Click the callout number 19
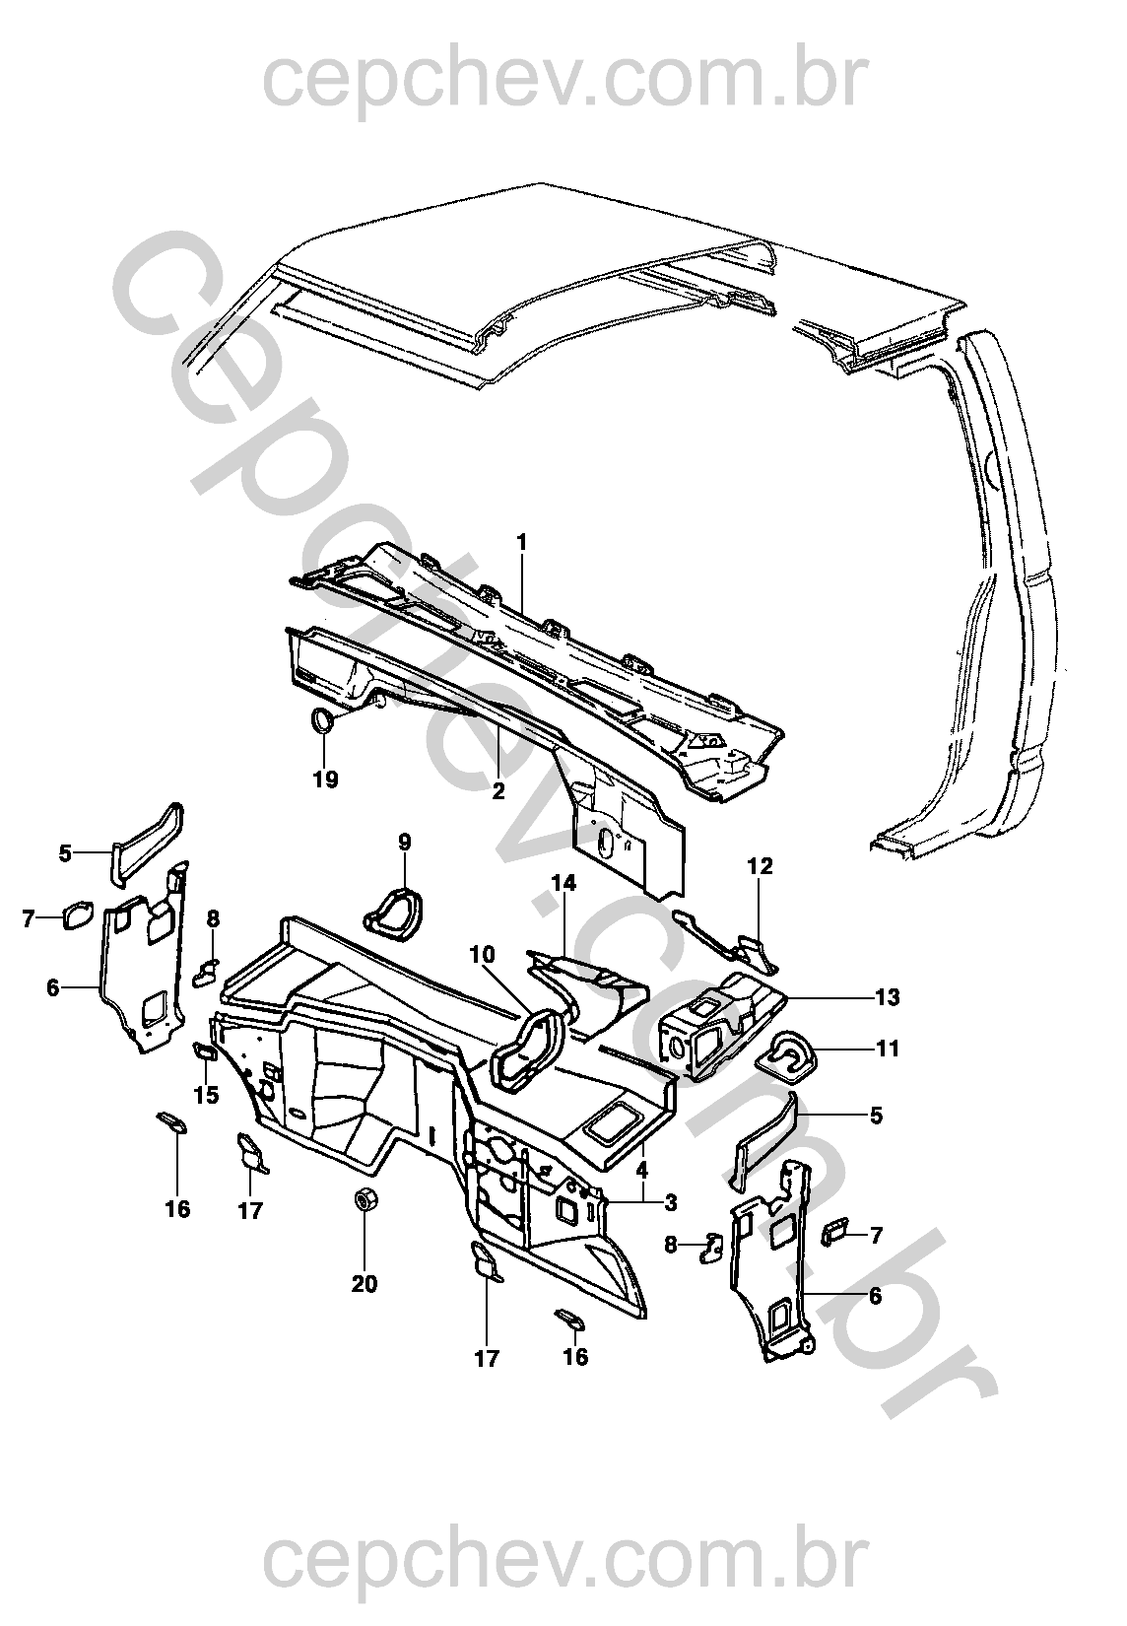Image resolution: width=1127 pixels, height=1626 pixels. [x=326, y=779]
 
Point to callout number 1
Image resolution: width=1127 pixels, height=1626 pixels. [x=522, y=542]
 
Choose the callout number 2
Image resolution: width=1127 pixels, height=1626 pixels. [x=497, y=790]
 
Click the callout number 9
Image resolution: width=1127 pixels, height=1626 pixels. [x=405, y=842]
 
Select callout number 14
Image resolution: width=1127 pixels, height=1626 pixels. [x=563, y=883]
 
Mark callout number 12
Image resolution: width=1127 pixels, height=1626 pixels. [x=762, y=866]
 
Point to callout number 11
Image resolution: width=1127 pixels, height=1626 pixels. [x=888, y=1049]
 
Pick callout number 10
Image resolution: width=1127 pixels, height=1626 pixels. [x=481, y=954]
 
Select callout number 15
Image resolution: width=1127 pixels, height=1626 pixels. [x=207, y=1095]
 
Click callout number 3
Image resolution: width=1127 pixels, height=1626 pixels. [x=670, y=1202]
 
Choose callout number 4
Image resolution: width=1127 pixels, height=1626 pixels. [x=641, y=1170]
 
